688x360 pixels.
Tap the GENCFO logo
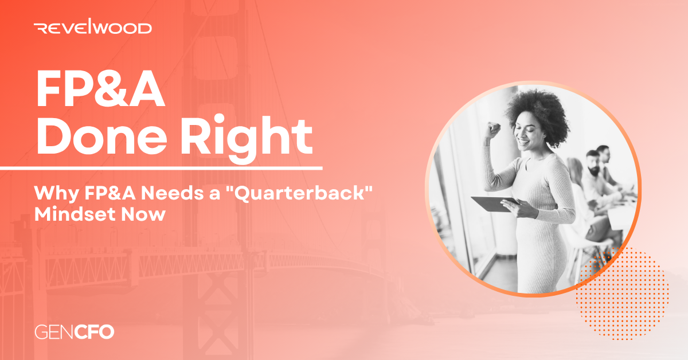(x=75, y=332)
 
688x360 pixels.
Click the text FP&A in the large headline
(x=100, y=89)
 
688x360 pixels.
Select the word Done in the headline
(x=101, y=135)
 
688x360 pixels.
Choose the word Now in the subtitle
(x=143, y=214)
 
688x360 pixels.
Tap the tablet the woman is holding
(x=494, y=204)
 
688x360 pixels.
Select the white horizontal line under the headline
(x=161, y=169)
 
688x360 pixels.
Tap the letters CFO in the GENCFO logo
(x=94, y=332)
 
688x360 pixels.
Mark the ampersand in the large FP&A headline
(x=112, y=89)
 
